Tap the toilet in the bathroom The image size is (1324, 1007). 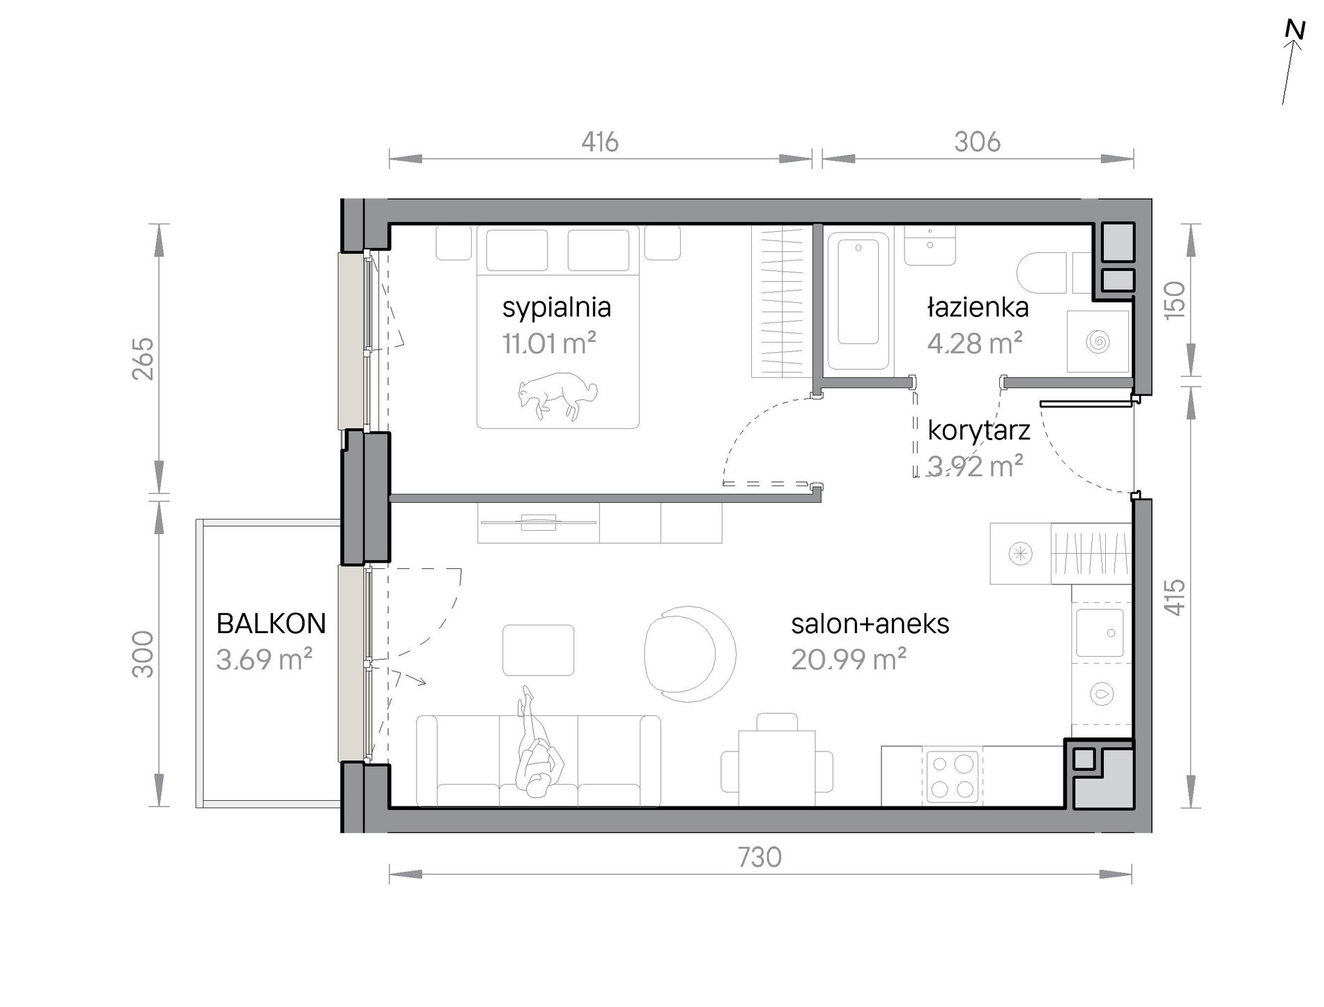click(x=1042, y=273)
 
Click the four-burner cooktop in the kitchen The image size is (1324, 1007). click(x=952, y=776)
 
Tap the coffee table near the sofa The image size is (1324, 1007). click(x=539, y=650)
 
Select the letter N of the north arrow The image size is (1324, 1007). click(x=1295, y=31)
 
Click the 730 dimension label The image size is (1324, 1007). click(x=760, y=858)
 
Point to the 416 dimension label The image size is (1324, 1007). click(x=600, y=142)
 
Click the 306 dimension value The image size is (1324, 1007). click(x=977, y=142)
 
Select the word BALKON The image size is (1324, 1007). click(x=271, y=623)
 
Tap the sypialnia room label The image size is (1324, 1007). click(x=556, y=308)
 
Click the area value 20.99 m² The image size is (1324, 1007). click(x=849, y=659)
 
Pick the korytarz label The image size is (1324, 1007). click(x=978, y=431)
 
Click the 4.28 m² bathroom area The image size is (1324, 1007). click(x=974, y=343)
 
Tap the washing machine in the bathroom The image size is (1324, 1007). click(x=1098, y=341)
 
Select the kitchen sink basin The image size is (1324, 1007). click(x=1100, y=633)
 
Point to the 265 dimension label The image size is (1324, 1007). click(x=143, y=359)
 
